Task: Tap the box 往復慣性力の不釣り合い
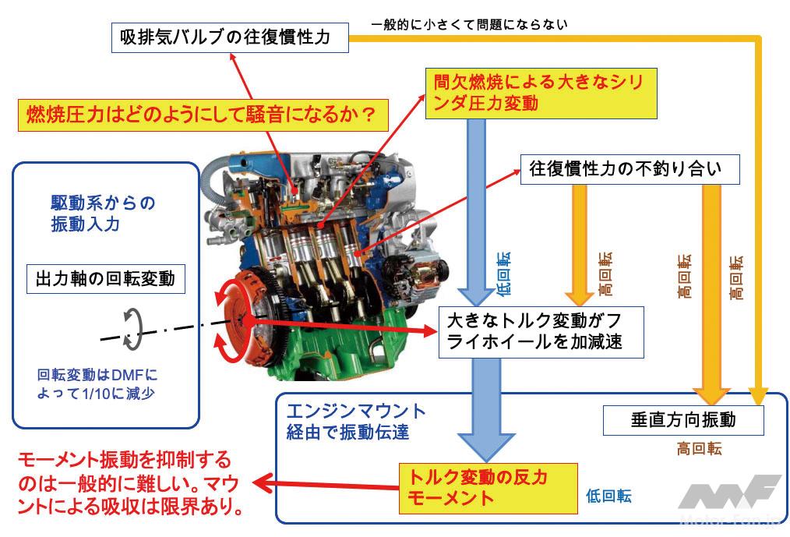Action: coord(630,167)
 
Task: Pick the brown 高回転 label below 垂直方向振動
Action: coord(683,450)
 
